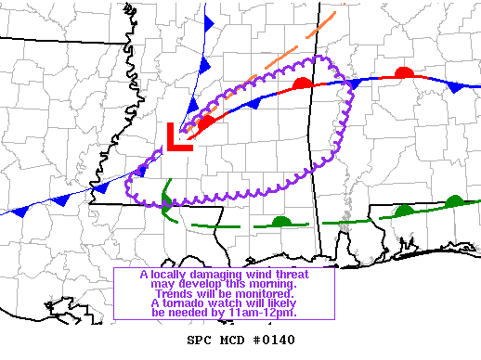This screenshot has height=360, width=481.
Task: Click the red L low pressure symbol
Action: point(176,138)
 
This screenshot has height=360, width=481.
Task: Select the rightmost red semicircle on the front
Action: point(403,72)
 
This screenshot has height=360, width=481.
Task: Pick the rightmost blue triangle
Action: point(454,86)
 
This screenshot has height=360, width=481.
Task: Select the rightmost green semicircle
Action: point(454,201)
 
